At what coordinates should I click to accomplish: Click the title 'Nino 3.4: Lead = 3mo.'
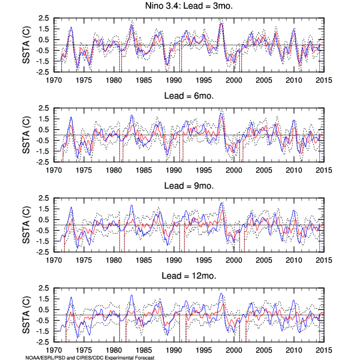[189, 6]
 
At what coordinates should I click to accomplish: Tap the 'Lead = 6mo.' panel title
[189, 96]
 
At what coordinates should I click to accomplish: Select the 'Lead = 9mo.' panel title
[189, 186]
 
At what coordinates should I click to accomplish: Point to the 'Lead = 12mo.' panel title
[189, 276]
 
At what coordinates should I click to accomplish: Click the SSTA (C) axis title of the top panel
[26, 45]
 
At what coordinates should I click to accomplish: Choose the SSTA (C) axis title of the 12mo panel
[26, 315]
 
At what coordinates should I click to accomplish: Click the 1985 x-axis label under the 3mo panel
[144, 81]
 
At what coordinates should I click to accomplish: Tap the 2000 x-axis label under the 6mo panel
[234, 171]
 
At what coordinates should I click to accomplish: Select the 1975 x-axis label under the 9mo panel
[84, 261]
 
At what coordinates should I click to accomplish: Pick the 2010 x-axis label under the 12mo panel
[293, 351]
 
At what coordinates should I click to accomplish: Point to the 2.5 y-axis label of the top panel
[43, 18]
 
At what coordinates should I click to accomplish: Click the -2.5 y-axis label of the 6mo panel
[42, 162]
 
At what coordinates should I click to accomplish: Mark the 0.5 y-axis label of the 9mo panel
[43, 220]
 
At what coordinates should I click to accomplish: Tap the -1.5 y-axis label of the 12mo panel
[42, 331]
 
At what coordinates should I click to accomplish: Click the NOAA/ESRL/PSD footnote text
[90, 357]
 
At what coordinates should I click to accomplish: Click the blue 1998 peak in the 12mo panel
[221, 293]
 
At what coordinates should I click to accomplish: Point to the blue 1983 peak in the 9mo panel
[131, 205]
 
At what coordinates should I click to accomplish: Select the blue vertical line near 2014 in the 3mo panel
[319, 58]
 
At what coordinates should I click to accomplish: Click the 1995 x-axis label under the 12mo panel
[204, 351]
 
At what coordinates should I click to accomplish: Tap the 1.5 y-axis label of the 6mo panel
[43, 119]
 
